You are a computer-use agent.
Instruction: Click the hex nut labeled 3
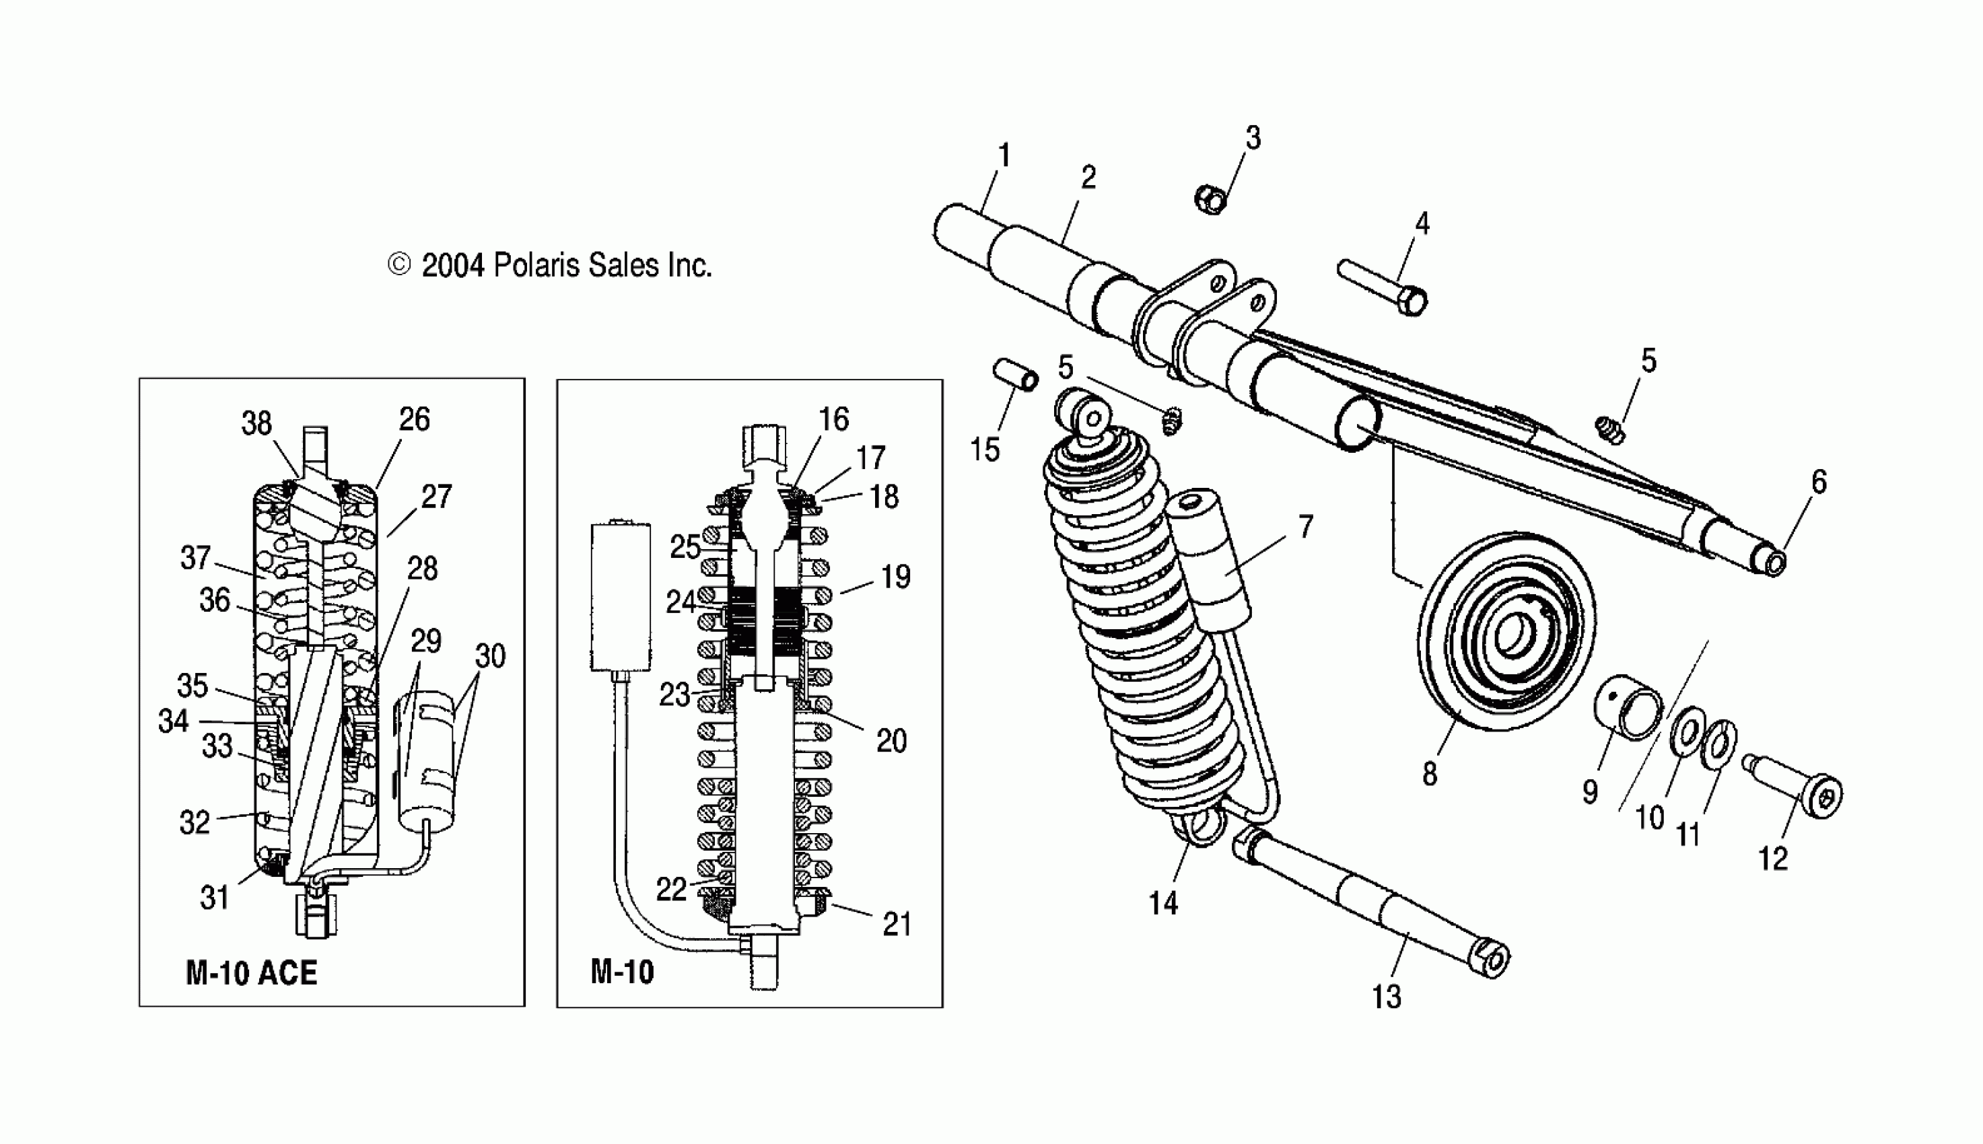(1211, 200)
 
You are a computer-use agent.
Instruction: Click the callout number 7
(1305, 526)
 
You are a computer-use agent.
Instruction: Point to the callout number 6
(1819, 482)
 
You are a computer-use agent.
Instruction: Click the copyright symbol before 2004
(399, 266)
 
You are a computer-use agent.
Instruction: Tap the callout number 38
(256, 423)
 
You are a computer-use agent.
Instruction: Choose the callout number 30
(490, 656)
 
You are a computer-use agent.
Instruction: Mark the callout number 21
(897, 925)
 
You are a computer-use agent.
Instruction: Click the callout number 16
(833, 419)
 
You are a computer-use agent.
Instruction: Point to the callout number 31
(213, 897)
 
